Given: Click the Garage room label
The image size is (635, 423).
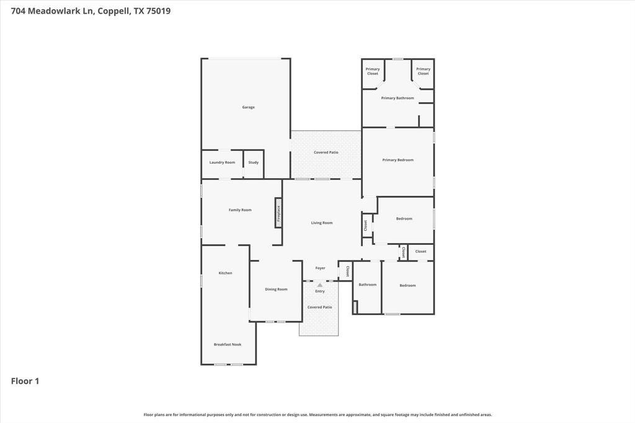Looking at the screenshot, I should click(248, 107).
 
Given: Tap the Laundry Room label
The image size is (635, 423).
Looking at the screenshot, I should click(222, 163).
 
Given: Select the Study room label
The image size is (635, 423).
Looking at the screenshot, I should click(253, 163).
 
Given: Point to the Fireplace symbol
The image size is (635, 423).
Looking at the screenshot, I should click(278, 213).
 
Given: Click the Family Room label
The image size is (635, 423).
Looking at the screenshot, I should click(240, 210).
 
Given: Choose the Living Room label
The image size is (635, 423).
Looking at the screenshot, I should click(322, 223).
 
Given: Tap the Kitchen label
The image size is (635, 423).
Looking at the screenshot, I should click(225, 273).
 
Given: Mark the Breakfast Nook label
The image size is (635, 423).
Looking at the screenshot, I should click(228, 344).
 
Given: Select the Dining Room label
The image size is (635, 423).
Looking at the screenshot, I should click(276, 289).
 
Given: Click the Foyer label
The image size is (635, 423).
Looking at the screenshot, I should click(320, 268).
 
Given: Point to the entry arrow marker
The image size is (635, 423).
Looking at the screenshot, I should click(320, 285).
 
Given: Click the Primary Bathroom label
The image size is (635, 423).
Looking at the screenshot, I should click(397, 98).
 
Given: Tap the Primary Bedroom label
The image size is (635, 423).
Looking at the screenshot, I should click(397, 160).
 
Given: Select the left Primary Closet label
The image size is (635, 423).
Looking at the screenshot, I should click(373, 71).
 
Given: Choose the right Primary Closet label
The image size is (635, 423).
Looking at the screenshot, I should click(423, 71).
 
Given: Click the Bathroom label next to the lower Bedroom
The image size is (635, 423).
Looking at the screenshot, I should click(367, 285).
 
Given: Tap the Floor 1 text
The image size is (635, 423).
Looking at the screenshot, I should click(25, 381).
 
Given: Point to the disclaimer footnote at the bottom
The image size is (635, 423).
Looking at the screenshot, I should click(317, 414).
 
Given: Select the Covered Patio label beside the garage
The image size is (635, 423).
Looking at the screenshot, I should click(326, 153).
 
